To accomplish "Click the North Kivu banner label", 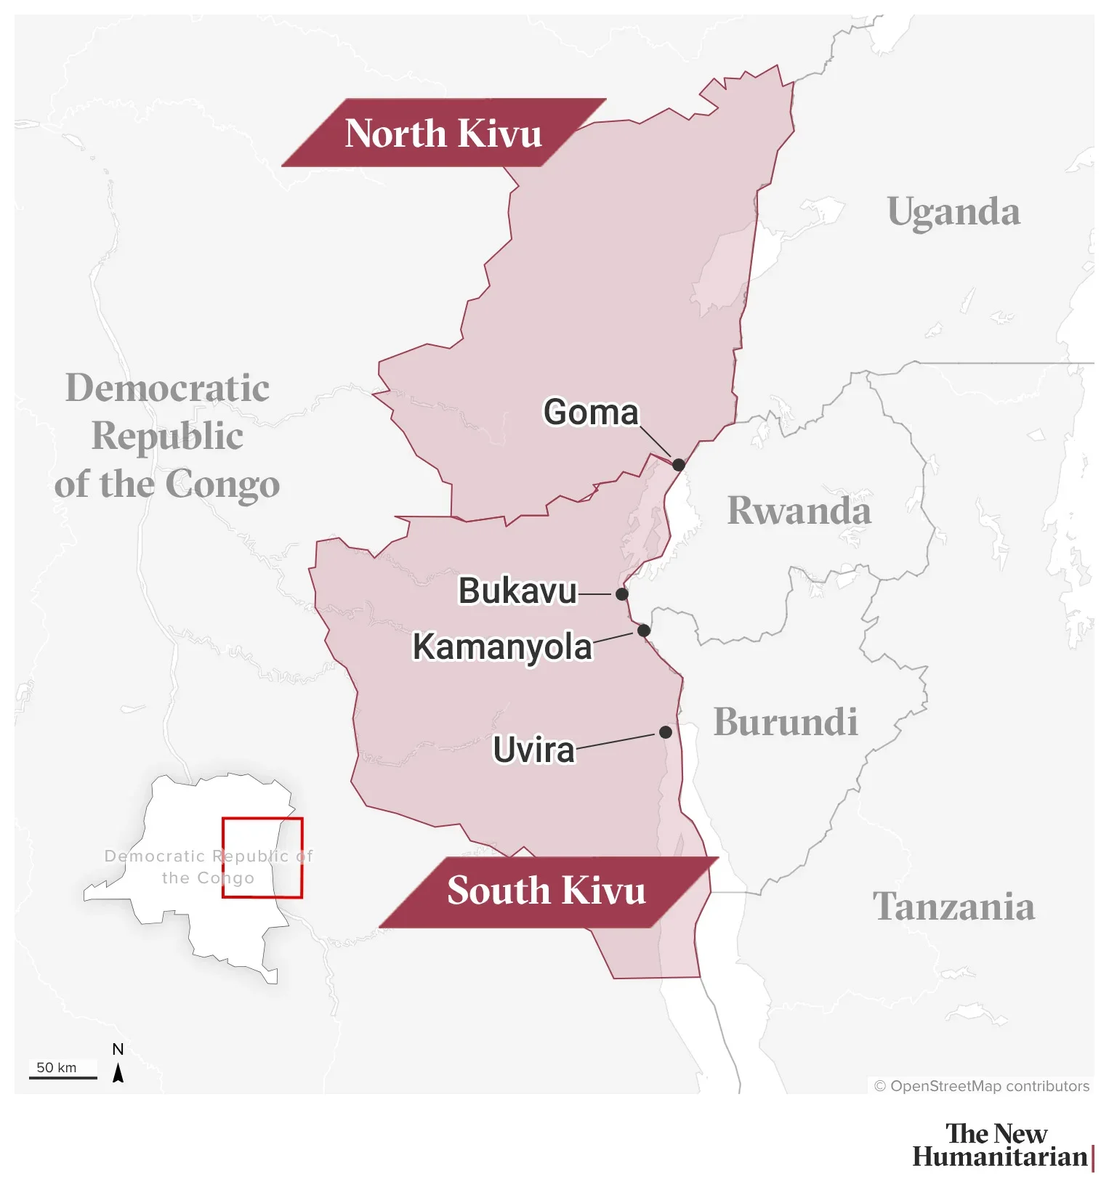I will coord(443,133).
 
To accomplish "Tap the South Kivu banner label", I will coord(547,891).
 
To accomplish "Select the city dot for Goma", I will coord(678,464).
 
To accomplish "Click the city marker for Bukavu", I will coord(622,594).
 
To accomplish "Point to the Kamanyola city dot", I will coord(644,631).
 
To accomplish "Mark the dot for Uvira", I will coord(666,732).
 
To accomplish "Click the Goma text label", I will coord(591,413).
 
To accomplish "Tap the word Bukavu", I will coord(517,591).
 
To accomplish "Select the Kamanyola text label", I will coord(502,647).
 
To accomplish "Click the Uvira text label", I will coord(533,750).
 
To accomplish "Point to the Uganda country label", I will coord(953,212).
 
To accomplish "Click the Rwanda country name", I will coord(799,510).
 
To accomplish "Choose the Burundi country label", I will coord(786,721).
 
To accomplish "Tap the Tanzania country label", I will coord(953,907).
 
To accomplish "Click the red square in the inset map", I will coord(262,858).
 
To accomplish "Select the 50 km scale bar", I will coord(62,1077).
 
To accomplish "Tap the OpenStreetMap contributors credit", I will coord(981,1086).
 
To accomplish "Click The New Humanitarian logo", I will coord(1001,1145).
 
